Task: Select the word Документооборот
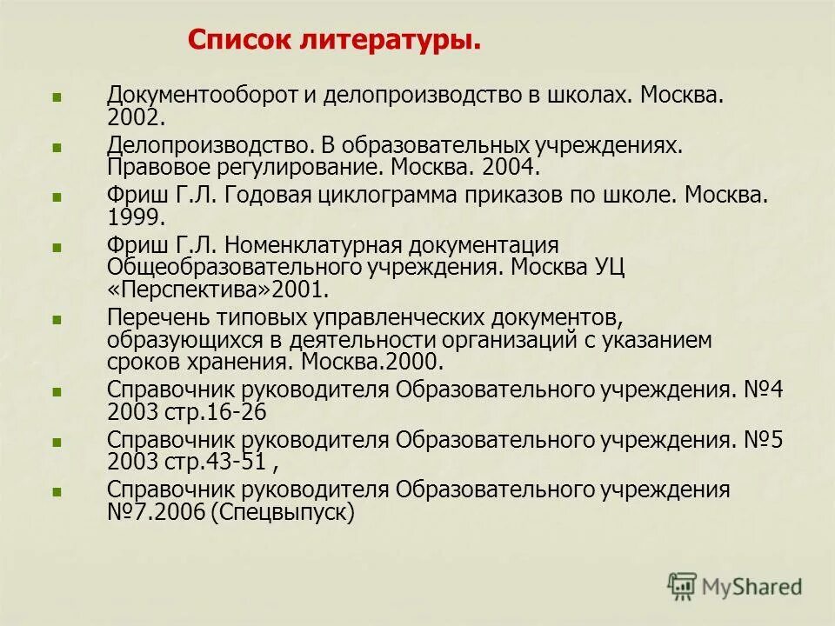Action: click(203, 94)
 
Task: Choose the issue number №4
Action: click(764, 390)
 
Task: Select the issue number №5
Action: click(764, 440)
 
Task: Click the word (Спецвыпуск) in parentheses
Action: click(283, 513)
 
